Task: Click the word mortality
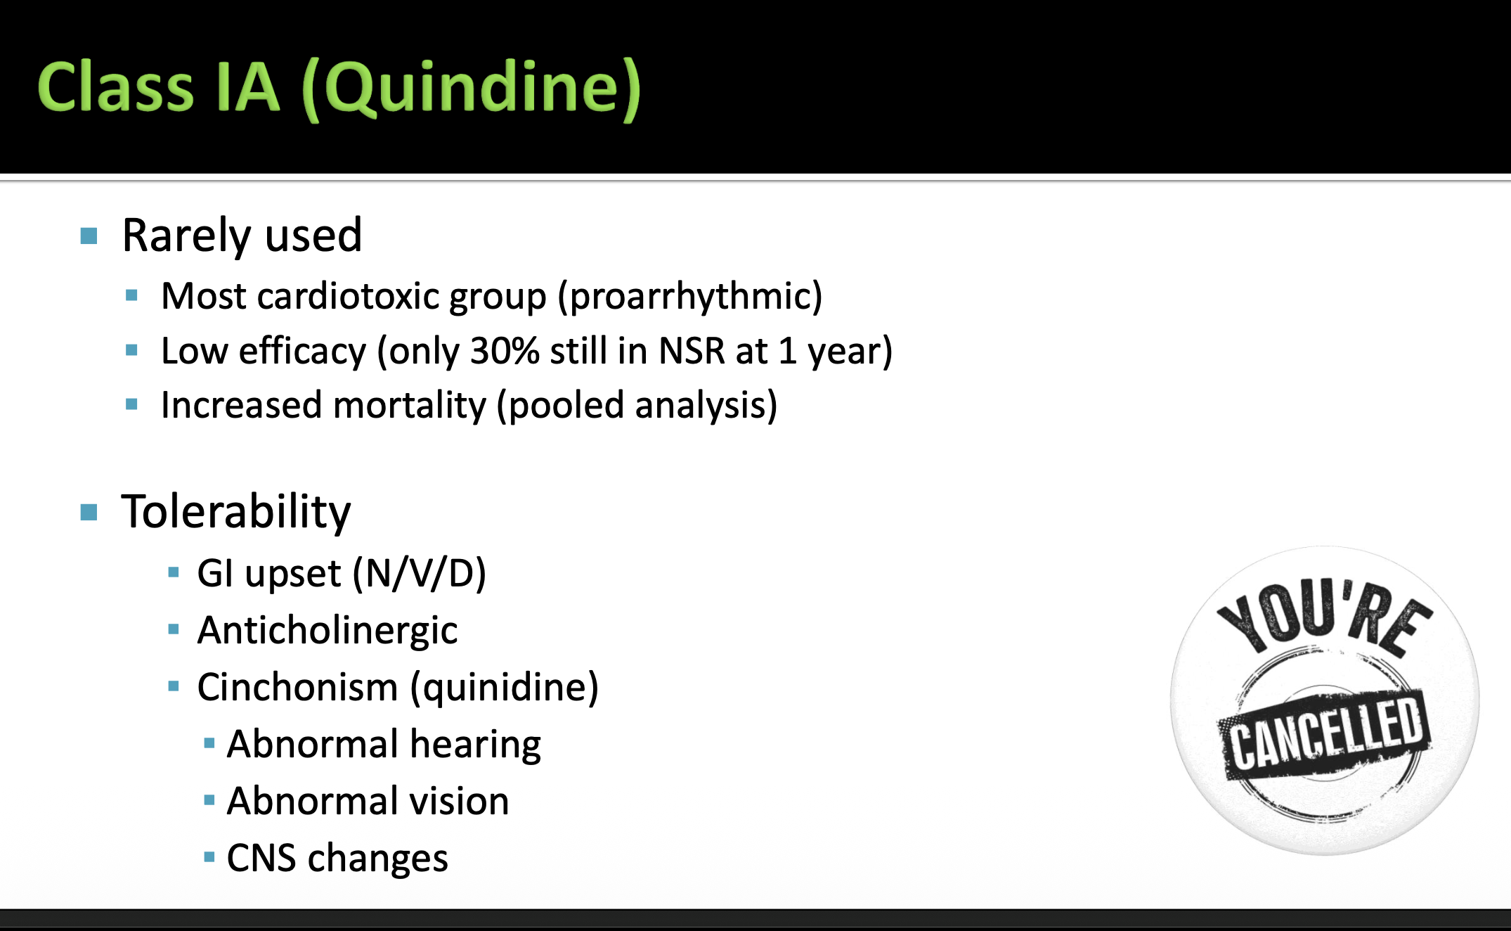[410, 406]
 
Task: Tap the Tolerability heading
[236, 512]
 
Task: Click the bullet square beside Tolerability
[89, 512]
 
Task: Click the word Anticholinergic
[328, 630]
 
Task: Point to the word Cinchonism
[297, 687]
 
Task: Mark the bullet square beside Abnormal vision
[209, 800]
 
